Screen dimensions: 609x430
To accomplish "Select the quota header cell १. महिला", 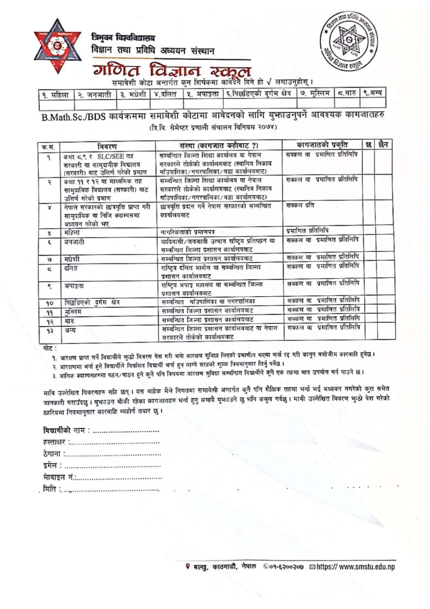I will [56, 94].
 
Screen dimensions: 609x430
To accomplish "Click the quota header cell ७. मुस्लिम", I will [315, 93].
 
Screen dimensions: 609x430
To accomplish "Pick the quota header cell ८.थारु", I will [347, 93].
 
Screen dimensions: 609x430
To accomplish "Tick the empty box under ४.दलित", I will [166, 104].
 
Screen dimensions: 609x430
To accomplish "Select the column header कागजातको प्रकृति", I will [322, 145].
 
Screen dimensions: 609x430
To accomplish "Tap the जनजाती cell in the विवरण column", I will [74, 242].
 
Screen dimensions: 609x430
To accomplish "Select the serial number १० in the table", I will [49, 303].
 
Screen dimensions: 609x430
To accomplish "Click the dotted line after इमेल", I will [113, 466].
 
